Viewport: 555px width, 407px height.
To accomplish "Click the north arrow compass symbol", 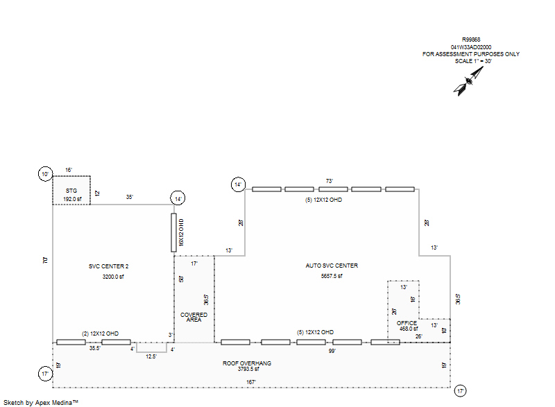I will tap(466, 83).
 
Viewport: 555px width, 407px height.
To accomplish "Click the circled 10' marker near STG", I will tap(46, 174).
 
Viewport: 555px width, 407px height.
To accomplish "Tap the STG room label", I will tap(71, 190).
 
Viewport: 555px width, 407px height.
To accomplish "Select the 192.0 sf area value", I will tap(71, 199).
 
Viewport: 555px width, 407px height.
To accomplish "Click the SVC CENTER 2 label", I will tap(109, 266).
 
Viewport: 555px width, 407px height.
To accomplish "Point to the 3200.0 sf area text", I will tap(112, 277).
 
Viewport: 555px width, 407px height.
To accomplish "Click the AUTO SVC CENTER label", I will tap(332, 266).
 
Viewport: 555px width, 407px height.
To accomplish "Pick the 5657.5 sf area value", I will tap(332, 276).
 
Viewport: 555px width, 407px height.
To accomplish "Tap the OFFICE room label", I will tap(407, 322).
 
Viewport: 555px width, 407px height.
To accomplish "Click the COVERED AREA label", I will tap(194, 318).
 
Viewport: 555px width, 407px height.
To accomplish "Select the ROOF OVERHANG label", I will tap(247, 363).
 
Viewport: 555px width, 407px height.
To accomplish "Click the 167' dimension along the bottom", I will tap(252, 381).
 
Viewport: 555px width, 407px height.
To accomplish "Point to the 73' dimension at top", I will tap(330, 181).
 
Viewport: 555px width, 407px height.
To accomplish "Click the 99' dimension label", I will tap(332, 352).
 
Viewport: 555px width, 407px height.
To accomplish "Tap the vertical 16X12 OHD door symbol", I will tap(173, 232).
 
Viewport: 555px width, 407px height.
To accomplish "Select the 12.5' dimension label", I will tap(151, 356).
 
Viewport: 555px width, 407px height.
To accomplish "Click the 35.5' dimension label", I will tap(95, 348).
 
